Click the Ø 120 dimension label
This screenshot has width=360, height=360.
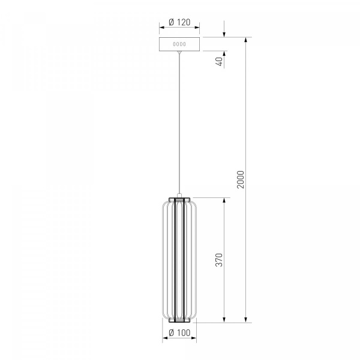pos(179,22)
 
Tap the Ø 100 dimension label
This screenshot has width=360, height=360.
pos(179,332)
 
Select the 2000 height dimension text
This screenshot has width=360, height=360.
pos(241,179)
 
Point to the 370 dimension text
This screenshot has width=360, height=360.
pos(219,260)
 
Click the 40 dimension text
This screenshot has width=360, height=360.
pos(220,62)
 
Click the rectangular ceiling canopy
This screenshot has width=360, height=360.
pos(179,44)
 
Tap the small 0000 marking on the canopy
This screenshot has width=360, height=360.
pos(179,44)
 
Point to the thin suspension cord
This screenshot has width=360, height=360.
pos(179,124)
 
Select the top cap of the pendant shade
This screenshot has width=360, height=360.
pos(179,199)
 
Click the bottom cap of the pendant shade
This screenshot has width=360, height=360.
pos(179,320)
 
